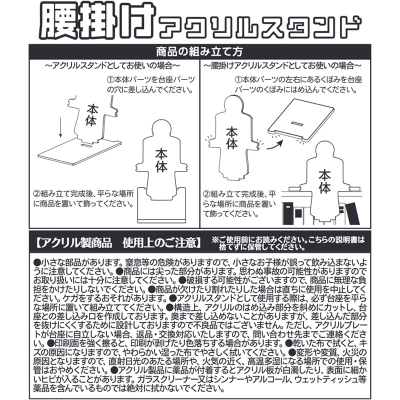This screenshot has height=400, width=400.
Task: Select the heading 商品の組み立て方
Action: click(200, 51)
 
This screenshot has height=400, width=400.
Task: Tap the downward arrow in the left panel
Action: click(59, 128)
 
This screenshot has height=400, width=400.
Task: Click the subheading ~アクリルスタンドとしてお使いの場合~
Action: click(113, 65)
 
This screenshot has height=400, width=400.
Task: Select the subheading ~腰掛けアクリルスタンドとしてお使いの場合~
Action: click(283, 65)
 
